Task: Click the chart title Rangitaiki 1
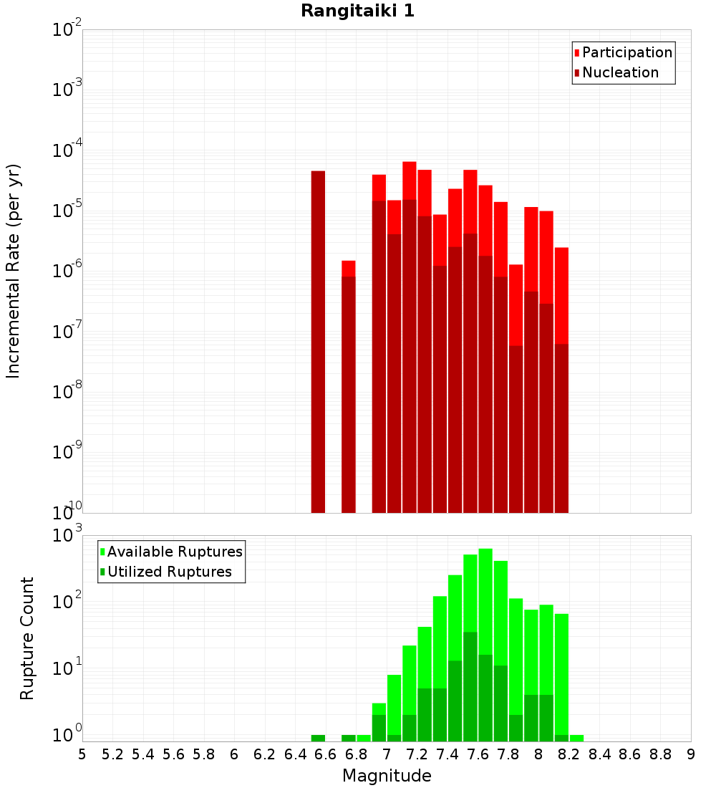point(357,11)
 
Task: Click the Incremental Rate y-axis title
point(14,271)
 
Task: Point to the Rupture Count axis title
point(27,638)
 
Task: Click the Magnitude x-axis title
point(387,776)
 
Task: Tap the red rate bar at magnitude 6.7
point(349,268)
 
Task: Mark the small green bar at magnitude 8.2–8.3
point(576,738)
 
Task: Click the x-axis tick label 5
point(82,754)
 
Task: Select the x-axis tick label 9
point(690,754)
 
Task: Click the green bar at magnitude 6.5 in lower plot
point(318,738)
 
